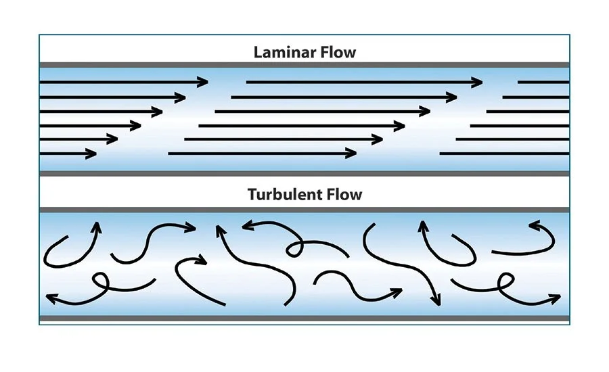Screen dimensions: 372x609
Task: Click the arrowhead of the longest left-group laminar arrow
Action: click(x=203, y=82)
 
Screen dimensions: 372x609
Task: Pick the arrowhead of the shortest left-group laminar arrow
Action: click(x=92, y=154)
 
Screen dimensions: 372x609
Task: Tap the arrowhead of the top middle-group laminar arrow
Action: click(x=478, y=82)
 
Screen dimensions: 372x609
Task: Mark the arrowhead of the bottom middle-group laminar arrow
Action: click(x=352, y=154)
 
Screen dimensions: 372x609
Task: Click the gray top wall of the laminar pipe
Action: click(x=304, y=65)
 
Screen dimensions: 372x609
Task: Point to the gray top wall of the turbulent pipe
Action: click(x=304, y=210)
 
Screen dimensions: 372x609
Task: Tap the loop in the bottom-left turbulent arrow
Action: click(x=101, y=279)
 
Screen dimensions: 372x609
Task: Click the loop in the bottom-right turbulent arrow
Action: click(x=504, y=281)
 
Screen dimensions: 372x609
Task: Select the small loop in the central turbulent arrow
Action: click(x=293, y=250)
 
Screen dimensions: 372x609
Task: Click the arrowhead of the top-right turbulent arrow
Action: click(x=534, y=226)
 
